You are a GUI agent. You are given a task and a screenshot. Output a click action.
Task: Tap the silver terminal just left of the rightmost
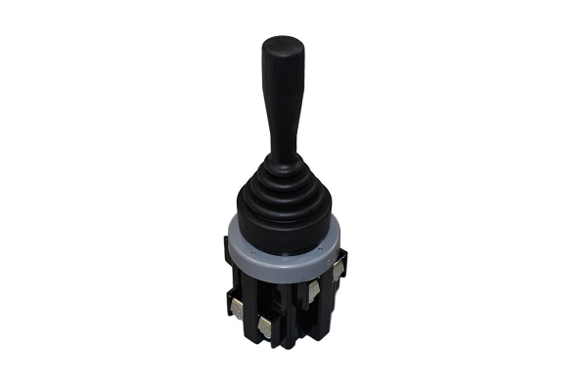coord(312,290)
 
